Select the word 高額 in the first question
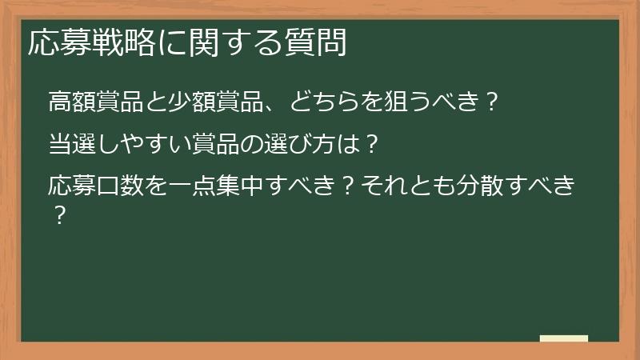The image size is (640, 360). pos(73,102)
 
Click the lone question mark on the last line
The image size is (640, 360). pos(57,216)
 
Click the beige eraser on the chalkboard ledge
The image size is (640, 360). pos(564,339)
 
